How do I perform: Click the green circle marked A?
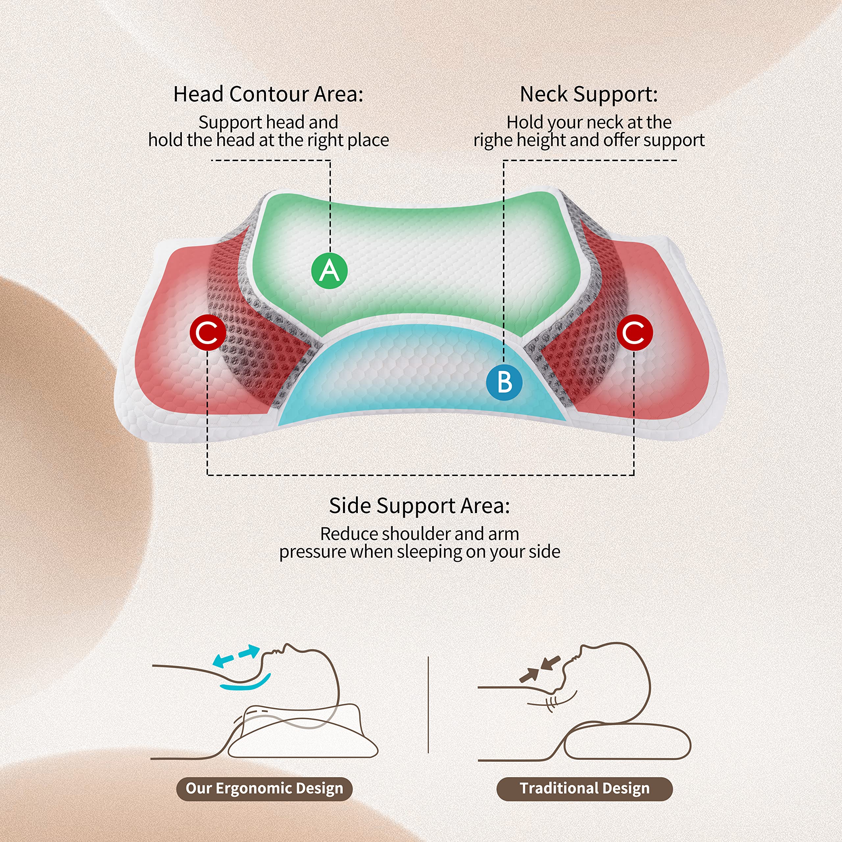click(330, 271)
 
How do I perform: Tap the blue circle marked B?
click(504, 382)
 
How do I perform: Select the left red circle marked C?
click(208, 333)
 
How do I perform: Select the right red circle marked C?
click(634, 333)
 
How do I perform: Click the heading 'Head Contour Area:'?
click(268, 94)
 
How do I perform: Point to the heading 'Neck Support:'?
click(589, 94)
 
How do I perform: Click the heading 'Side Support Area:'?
click(419, 506)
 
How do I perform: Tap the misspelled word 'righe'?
click(492, 141)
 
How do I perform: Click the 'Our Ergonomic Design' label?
click(264, 788)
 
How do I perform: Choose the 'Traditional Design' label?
click(584, 788)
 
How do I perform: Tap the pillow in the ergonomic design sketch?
click(301, 736)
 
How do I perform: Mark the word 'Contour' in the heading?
click(269, 94)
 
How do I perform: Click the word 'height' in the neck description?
click(539, 141)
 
